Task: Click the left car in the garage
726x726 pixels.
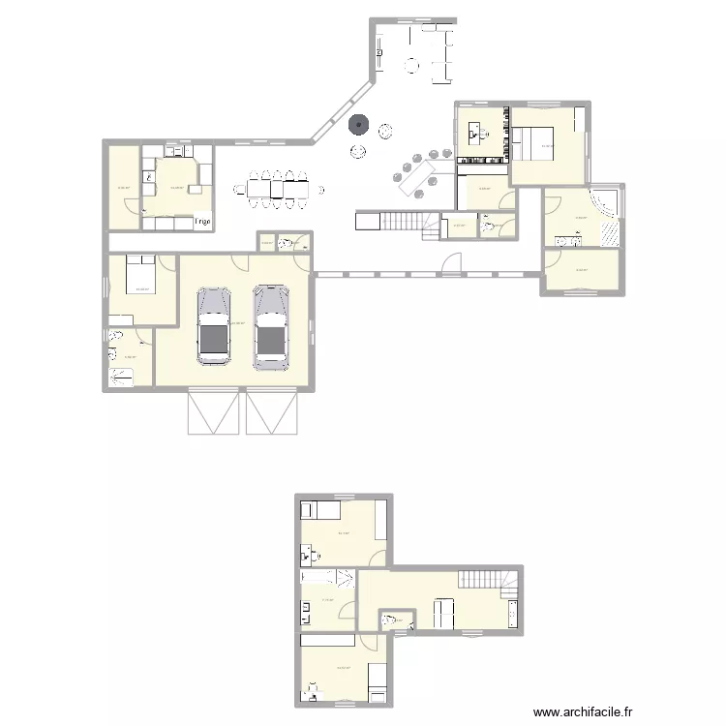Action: tap(213, 326)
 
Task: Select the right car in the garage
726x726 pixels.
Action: tap(270, 326)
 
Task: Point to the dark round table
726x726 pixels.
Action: tap(359, 124)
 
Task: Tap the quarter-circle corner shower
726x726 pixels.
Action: tap(607, 201)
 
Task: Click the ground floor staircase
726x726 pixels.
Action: tap(403, 222)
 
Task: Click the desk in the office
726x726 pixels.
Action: tap(477, 133)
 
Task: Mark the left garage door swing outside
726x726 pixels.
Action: tap(213, 412)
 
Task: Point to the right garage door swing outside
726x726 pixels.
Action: tap(272, 412)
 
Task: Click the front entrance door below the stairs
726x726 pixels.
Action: tap(454, 262)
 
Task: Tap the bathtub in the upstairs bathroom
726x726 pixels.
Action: tap(327, 578)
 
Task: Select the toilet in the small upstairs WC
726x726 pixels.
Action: tap(389, 620)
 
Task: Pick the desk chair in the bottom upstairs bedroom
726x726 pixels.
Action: tap(312, 691)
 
